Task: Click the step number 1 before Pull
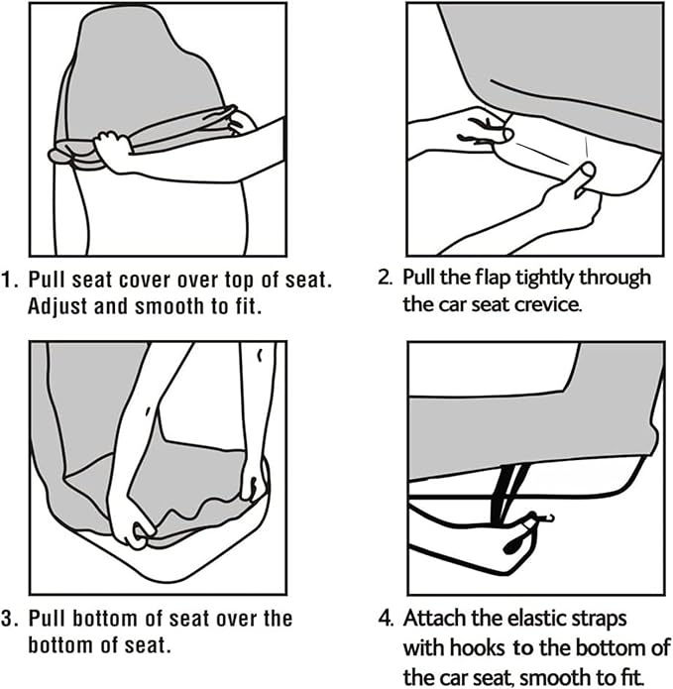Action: pyautogui.click(x=9, y=280)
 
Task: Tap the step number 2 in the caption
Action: pyautogui.click(x=385, y=278)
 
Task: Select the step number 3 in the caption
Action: pyautogui.click(x=9, y=619)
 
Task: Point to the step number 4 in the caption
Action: pyautogui.click(x=386, y=619)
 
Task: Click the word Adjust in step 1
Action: pyautogui.click(x=57, y=307)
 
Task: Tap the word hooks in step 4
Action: pyautogui.click(x=477, y=647)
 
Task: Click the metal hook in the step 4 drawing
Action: pyautogui.click(x=546, y=517)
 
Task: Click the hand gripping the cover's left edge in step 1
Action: pyautogui.click(x=111, y=151)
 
